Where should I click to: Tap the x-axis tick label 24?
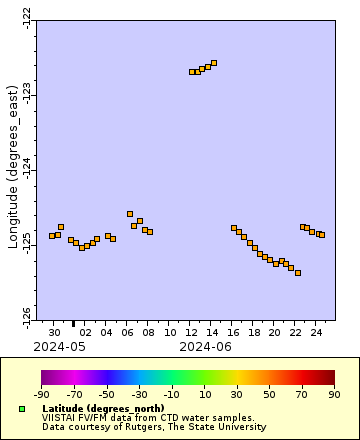click(316, 331)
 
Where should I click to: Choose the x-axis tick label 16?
click(233, 331)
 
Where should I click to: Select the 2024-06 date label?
click(205, 346)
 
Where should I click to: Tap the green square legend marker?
click(21, 409)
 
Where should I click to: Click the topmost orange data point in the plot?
click(213, 64)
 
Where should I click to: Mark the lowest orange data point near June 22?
click(298, 273)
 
